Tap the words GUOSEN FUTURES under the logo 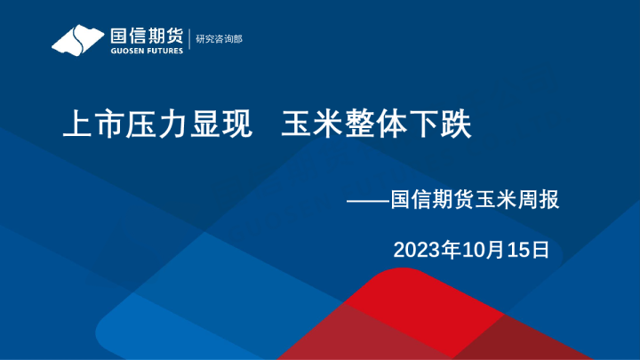tap(146, 51)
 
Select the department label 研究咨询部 tap(219, 39)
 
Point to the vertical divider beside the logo tap(189, 40)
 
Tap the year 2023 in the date tap(413, 250)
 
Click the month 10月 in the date tap(481, 250)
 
